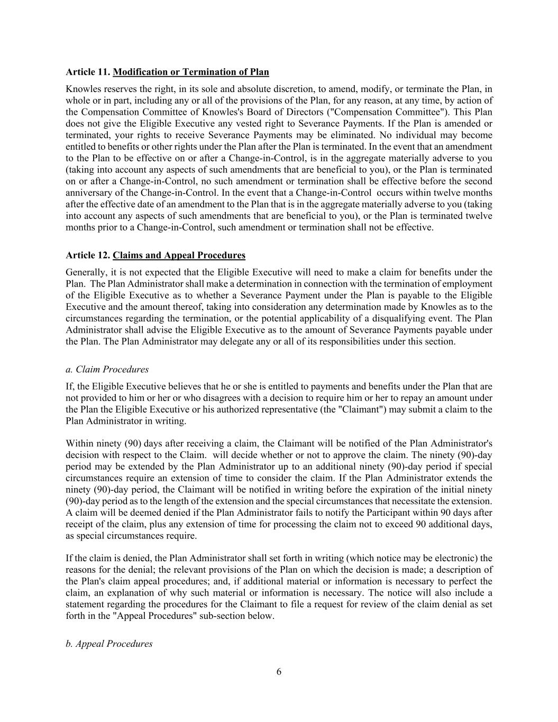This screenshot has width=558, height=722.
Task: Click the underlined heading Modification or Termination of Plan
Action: pyautogui.click(x=191, y=72)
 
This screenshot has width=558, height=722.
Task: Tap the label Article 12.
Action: pyautogui.click(x=88, y=255)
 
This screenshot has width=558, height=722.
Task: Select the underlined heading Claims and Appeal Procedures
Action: pyautogui.click(x=179, y=255)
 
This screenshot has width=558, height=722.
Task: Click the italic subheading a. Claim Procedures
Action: pyautogui.click(x=107, y=369)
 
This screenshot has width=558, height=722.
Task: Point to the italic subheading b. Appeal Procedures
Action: pyautogui.click(x=109, y=644)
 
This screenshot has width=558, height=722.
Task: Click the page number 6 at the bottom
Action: pyautogui.click(x=279, y=672)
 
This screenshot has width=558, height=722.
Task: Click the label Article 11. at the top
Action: pyautogui.click(x=88, y=72)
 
